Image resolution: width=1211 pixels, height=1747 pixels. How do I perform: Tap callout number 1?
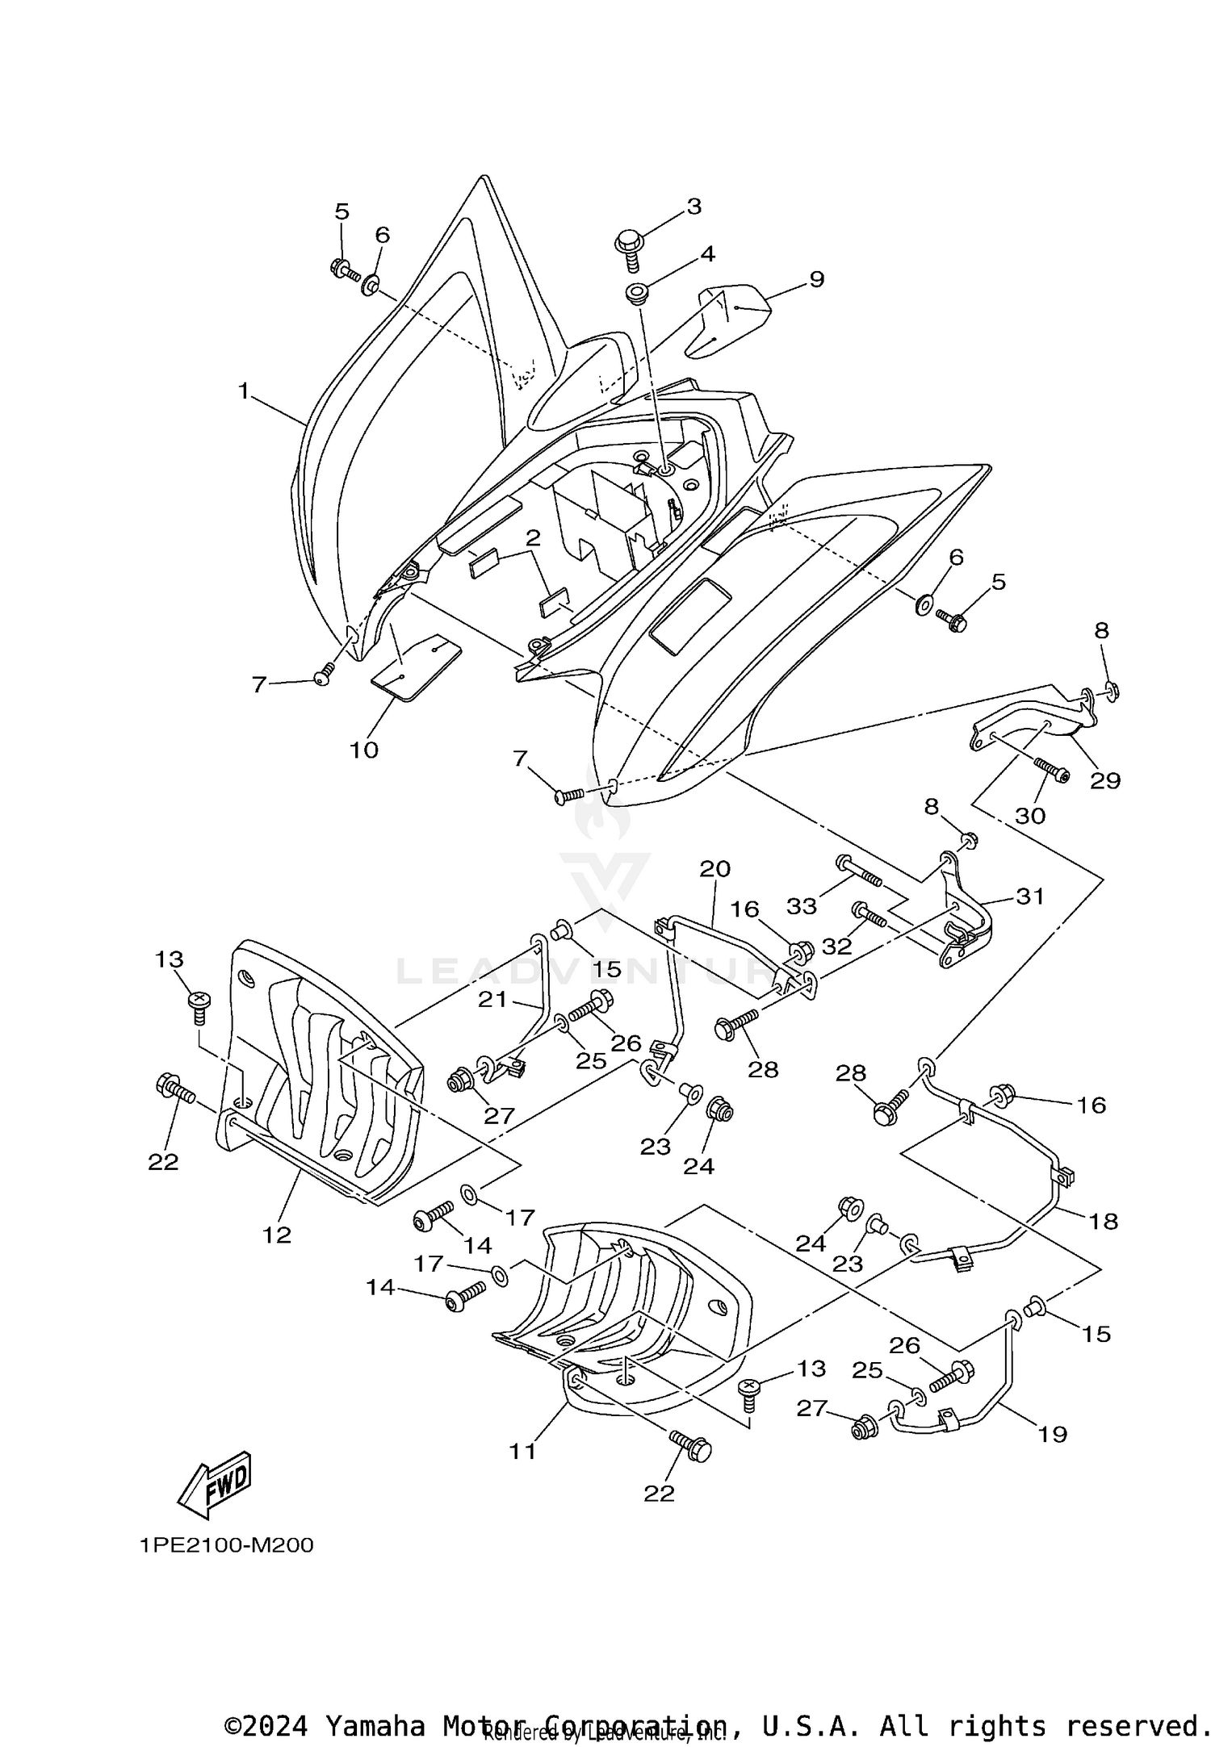coord(244,391)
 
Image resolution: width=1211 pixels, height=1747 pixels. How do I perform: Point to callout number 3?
coord(693,207)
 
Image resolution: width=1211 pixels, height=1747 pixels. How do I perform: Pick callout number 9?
coord(816,279)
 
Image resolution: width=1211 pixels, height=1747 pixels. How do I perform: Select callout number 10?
coord(364,750)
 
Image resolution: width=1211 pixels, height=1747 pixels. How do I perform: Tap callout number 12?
coord(276,1235)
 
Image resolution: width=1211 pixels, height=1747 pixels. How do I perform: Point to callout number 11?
coord(522,1451)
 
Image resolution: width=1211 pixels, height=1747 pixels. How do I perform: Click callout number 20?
coord(714,869)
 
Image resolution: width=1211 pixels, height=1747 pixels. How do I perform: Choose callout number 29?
coord(1105,780)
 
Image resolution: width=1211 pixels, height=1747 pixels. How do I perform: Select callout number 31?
coord(1030,896)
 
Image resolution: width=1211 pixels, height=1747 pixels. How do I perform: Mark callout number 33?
coord(802,906)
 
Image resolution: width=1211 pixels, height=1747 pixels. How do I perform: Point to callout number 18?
coord(1104,1221)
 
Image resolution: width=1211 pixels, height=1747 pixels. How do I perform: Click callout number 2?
coord(532,538)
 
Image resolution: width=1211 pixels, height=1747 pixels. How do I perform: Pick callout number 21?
coord(492,1000)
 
